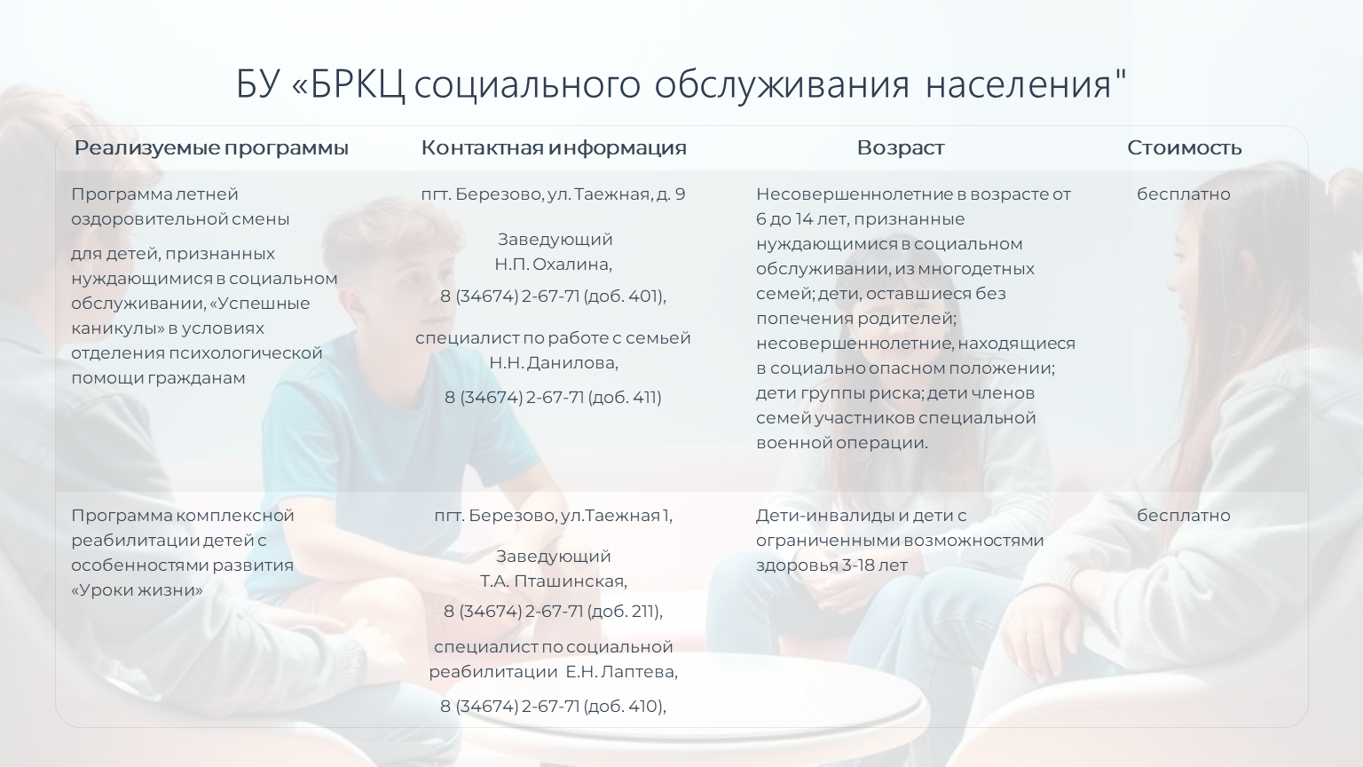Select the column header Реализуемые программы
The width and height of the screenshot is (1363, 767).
pyautogui.click(x=211, y=148)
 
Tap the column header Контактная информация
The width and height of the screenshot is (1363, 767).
pyautogui.click(x=554, y=147)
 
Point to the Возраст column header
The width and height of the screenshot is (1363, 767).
pyautogui.click(x=901, y=148)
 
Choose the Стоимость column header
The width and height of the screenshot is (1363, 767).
pyautogui.click(x=1184, y=147)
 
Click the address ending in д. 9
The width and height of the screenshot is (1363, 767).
pyautogui.click(x=553, y=194)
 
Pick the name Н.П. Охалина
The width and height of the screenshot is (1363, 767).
pyautogui.click(x=553, y=265)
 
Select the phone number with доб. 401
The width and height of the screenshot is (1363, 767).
pyautogui.click(x=553, y=297)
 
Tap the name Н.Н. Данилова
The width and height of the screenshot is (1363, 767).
pyautogui.click(x=554, y=363)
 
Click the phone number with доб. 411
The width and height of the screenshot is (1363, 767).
pyautogui.click(x=553, y=398)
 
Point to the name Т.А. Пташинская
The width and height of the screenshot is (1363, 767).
pyautogui.click(x=553, y=581)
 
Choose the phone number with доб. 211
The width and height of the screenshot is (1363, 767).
pyautogui.click(x=553, y=611)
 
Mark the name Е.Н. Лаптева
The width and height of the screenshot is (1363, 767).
pyautogui.click(x=621, y=672)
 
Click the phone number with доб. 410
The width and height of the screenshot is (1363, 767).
pyautogui.click(x=553, y=706)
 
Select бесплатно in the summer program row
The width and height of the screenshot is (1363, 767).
pyautogui.click(x=1184, y=194)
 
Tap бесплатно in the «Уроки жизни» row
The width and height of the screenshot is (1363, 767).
pyautogui.click(x=1184, y=516)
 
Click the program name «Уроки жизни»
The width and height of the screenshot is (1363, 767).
pyautogui.click(x=137, y=590)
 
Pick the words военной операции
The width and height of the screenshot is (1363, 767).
pyautogui.click(x=842, y=443)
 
